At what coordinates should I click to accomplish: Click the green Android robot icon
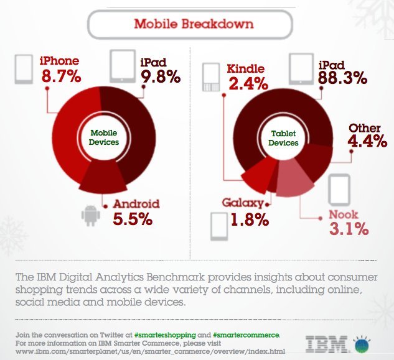(x=91, y=215)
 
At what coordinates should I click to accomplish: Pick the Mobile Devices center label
(x=104, y=137)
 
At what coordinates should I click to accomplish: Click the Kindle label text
(x=246, y=68)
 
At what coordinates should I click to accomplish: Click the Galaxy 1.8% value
(x=247, y=219)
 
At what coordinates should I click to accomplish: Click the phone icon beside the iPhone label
(x=24, y=68)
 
